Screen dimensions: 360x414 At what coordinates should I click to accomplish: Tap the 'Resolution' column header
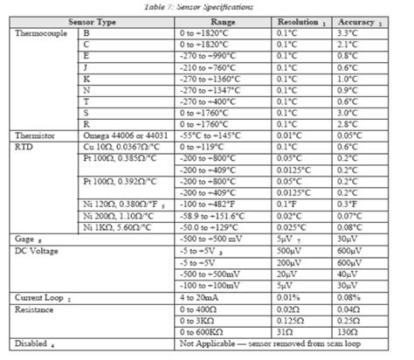click(x=296, y=19)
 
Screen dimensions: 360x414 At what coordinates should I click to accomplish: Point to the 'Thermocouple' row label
click(x=40, y=31)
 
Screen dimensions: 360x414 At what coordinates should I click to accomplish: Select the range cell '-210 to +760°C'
click(x=210, y=66)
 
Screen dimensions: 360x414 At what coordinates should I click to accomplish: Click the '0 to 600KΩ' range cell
click(x=204, y=332)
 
